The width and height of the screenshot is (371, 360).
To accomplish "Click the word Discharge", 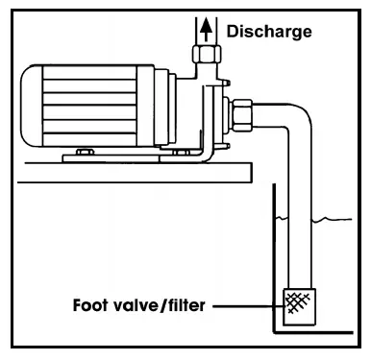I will coord(269,31).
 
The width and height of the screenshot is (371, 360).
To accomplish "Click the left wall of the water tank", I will coord(273,259).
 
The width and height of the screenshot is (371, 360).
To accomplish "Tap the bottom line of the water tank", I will coord(317,332).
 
